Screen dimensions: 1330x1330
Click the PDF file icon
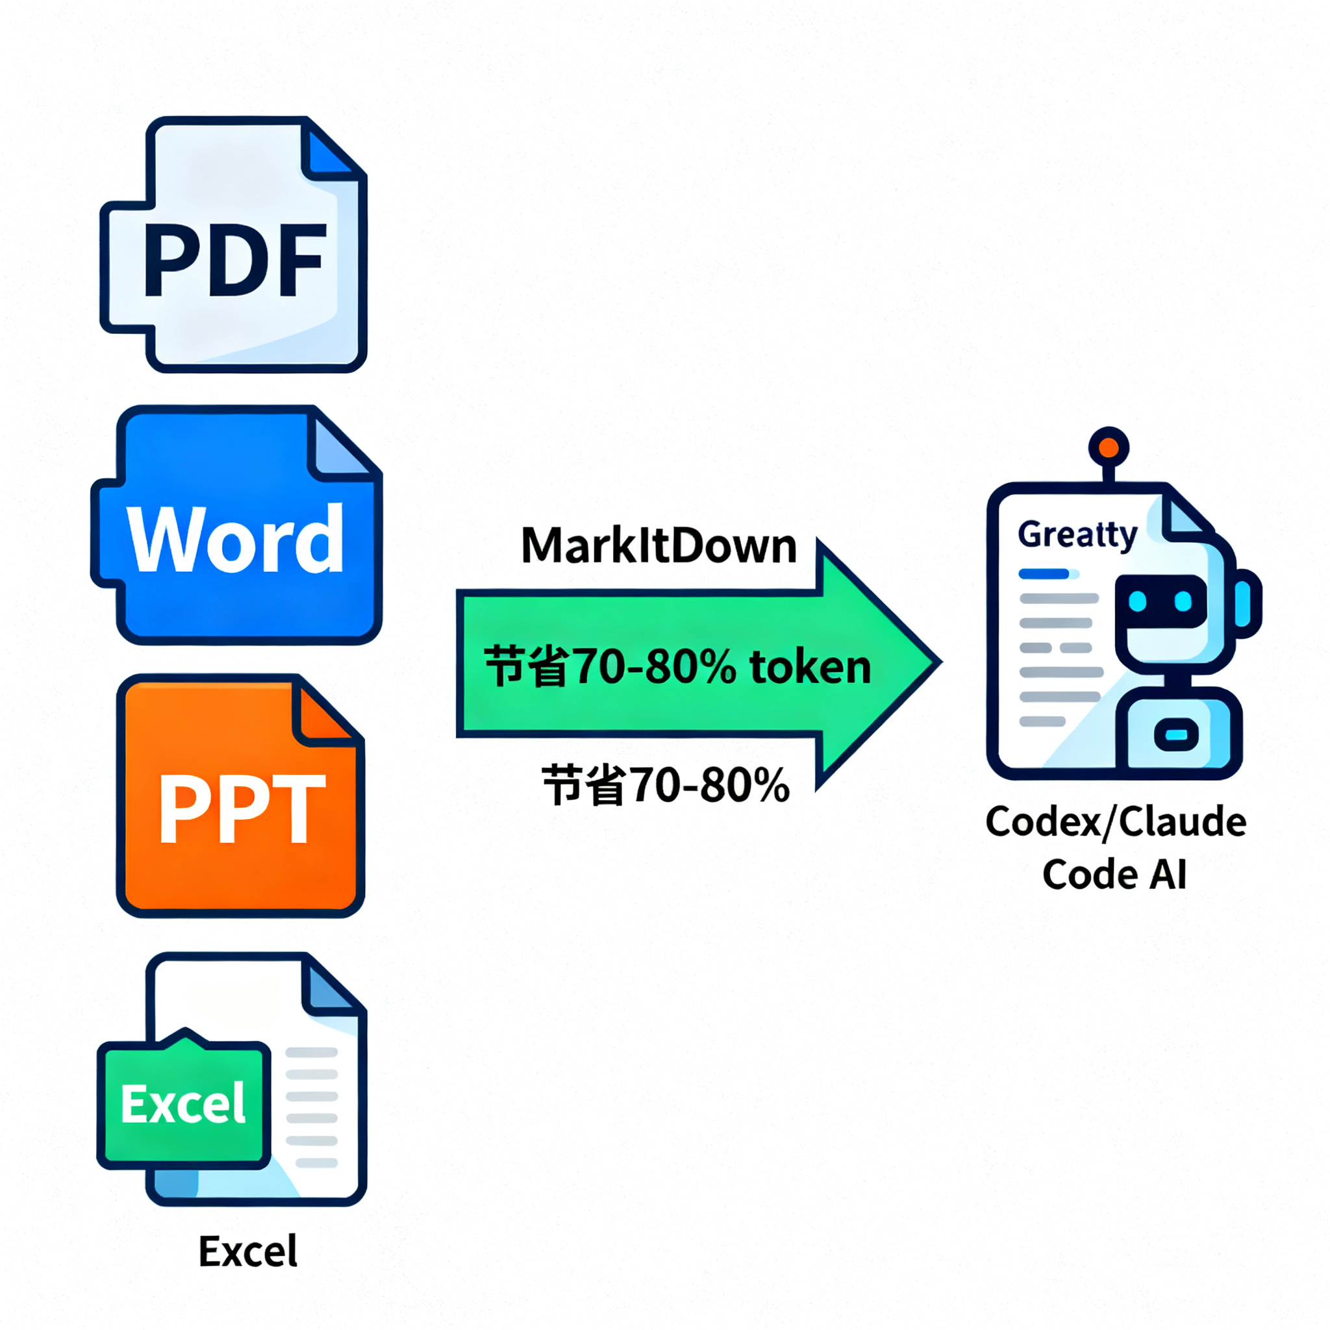[x=234, y=244]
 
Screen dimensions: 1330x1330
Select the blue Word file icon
[x=237, y=525]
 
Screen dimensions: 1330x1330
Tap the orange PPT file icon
[x=240, y=796]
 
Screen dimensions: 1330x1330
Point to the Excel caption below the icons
[x=248, y=1251]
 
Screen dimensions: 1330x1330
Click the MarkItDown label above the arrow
[x=659, y=546]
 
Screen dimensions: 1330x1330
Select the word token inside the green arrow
[x=810, y=667]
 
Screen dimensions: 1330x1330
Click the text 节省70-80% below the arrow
[x=666, y=784]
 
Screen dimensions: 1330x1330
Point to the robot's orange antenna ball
[x=1109, y=447]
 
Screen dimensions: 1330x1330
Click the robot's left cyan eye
[x=1137, y=601]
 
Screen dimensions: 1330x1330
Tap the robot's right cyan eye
[x=1183, y=601]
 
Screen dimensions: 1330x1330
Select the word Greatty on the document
[x=1077, y=535]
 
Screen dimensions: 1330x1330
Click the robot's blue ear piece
[x=1245, y=603]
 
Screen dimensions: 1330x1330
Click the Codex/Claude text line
[x=1116, y=822]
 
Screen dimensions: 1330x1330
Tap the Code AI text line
[x=1114, y=874]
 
